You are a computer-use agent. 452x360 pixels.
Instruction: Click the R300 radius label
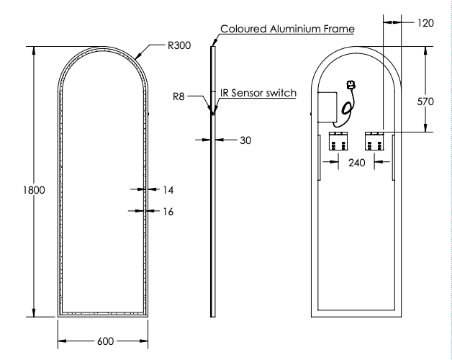179,45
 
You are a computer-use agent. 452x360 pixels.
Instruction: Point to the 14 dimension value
168,190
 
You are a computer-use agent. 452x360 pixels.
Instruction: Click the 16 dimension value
168,211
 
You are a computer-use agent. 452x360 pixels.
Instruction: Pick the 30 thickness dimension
245,140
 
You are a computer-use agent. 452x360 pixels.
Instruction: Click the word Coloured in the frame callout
243,29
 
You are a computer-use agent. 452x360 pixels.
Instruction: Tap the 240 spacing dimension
356,162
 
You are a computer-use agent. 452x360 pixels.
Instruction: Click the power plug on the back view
352,86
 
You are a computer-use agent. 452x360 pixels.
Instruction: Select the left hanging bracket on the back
338,141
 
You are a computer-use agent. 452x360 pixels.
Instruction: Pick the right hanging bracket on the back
376,141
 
